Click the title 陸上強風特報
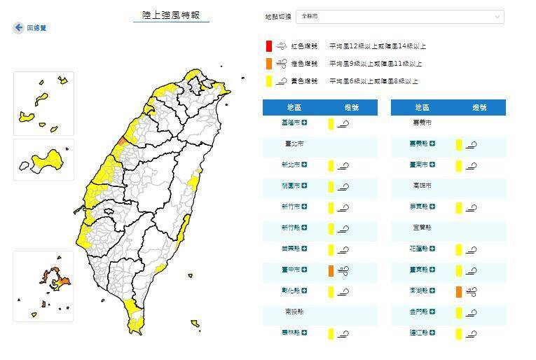tap(171, 14)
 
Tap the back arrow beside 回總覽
tap(18, 27)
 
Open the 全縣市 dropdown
tap(399, 16)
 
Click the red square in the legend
tap(268, 46)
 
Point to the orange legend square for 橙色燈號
tap(268, 64)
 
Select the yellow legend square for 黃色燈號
tap(268, 81)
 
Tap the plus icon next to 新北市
tap(305, 165)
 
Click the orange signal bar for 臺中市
tap(331, 270)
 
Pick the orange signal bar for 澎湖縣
tap(458, 291)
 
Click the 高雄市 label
tap(421, 186)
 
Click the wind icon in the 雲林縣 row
tap(343, 334)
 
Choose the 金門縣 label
tap(418, 312)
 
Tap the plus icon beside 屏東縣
tap(433, 207)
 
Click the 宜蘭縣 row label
tap(421, 228)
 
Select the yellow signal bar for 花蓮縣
tap(458, 249)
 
